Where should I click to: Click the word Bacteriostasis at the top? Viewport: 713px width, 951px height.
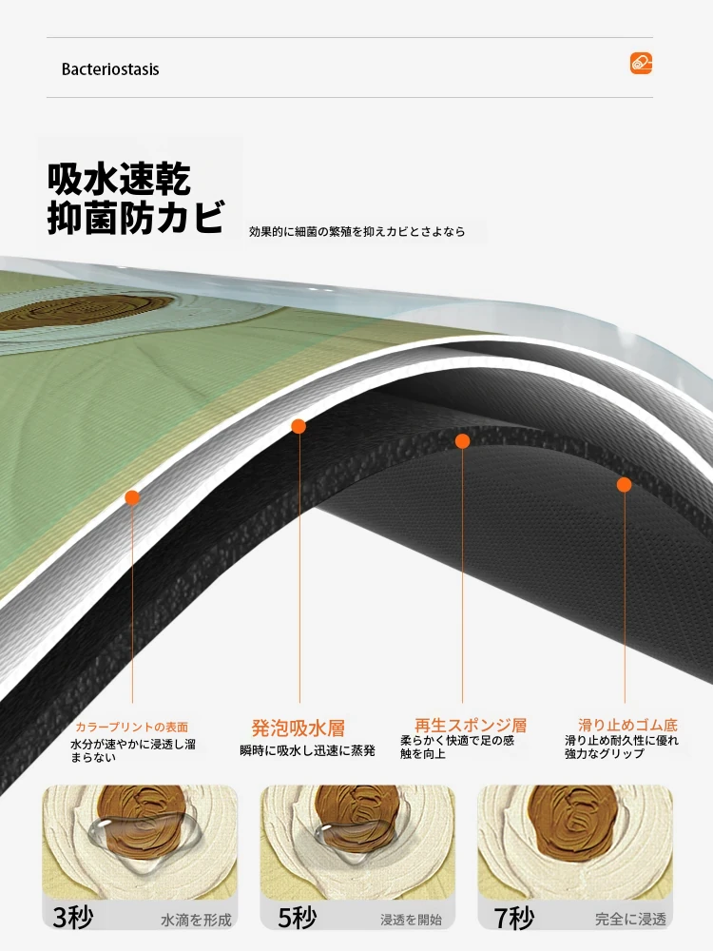coord(110,69)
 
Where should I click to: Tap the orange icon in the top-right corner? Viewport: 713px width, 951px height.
coord(641,63)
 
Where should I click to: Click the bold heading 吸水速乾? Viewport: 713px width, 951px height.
coord(119,179)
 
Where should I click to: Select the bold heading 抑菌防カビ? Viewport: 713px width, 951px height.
coord(135,217)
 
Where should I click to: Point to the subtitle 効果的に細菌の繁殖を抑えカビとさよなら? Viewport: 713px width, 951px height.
coord(357,231)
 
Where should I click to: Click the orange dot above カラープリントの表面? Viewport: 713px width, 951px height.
coord(132,498)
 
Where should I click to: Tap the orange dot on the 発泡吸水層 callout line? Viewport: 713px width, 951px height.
coord(299,426)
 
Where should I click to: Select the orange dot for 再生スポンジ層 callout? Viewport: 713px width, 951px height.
coord(463,441)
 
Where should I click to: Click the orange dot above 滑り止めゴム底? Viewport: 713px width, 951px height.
coord(624,485)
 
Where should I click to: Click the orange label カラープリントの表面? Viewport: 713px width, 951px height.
coord(131,728)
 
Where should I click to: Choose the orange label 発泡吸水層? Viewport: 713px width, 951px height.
coord(299,728)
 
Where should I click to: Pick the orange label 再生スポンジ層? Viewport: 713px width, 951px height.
coord(471,726)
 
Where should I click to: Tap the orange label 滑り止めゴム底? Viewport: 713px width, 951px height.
coord(627,725)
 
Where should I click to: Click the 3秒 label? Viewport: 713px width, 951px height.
coord(73,917)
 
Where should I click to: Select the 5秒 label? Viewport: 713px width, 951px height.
coord(297,918)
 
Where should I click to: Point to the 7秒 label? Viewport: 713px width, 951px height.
coord(514,919)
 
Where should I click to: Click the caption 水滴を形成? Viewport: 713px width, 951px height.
coord(196,920)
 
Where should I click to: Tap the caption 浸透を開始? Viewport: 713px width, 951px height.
coord(411,920)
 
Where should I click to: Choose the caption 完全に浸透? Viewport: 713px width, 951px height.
coord(630,920)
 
